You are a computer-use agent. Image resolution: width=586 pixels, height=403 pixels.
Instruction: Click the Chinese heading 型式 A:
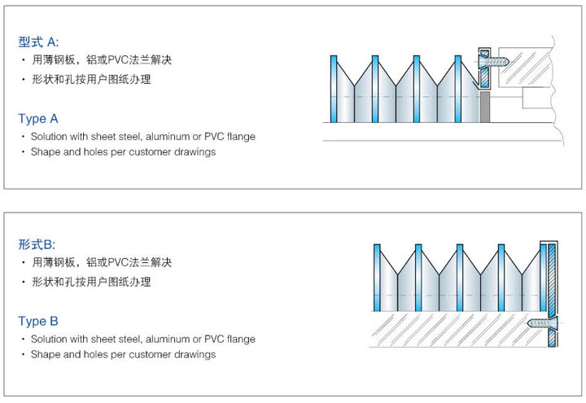[x=38, y=42]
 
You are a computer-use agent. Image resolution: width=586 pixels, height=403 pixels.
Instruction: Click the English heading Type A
[x=38, y=119]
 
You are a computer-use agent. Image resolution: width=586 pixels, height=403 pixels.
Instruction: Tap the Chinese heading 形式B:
[x=37, y=244]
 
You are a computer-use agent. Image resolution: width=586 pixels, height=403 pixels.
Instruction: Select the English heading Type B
[x=38, y=321]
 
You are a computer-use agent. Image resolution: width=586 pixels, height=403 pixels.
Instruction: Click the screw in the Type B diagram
[x=542, y=323]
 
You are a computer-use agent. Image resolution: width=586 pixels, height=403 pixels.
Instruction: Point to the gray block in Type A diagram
[x=485, y=107]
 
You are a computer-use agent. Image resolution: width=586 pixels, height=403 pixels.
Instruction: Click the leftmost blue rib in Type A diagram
[x=334, y=89]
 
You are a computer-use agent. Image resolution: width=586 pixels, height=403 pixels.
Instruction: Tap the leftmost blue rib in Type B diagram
[x=377, y=278]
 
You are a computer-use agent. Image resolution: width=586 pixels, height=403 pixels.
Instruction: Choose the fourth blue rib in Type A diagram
[x=458, y=89]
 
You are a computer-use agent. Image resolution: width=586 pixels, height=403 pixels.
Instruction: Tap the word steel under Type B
[x=130, y=339]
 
